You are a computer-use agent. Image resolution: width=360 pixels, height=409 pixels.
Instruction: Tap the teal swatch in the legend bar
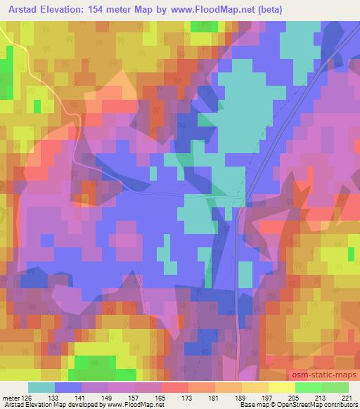pyautogui.click(x=42, y=387)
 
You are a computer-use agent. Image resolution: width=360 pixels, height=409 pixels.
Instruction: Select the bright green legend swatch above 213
pyautogui.click(x=307, y=387)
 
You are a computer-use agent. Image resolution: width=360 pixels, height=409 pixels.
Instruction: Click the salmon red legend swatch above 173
pyautogui.click(x=174, y=387)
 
